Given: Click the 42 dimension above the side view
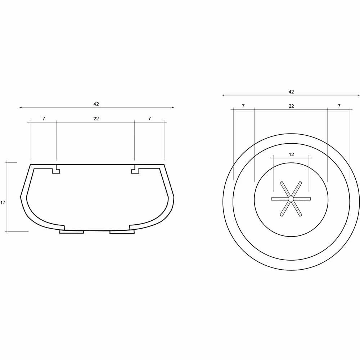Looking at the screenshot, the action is (x=96, y=104).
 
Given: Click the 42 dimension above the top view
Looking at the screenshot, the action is (x=291, y=92).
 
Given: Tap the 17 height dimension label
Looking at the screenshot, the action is (x=3, y=203).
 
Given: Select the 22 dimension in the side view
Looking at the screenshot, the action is (x=96, y=119).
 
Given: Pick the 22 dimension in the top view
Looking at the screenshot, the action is (x=291, y=106).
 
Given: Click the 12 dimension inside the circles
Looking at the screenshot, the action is (x=291, y=154).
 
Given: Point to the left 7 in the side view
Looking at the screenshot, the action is (x=44, y=119).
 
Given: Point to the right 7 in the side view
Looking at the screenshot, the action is (x=149, y=119).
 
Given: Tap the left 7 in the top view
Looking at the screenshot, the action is (x=243, y=106).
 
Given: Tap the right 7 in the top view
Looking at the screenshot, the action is (x=339, y=106).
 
